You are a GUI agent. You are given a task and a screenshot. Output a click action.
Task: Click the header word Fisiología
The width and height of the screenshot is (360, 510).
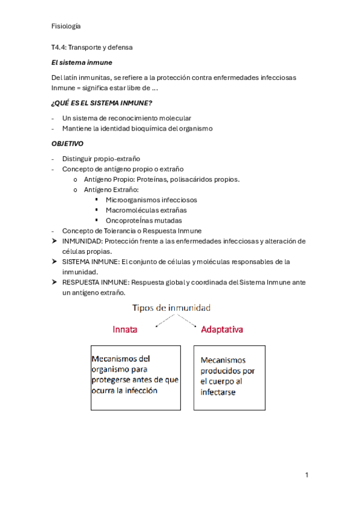[x=66, y=26]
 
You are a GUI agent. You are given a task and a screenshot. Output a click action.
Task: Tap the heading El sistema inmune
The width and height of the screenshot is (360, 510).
[x=82, y=62]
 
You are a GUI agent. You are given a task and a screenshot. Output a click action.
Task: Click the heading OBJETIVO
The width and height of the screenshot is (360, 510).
[x=68, y=144]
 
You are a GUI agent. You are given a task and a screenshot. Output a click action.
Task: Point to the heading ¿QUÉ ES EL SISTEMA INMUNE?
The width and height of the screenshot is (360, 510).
[x=102, y=103]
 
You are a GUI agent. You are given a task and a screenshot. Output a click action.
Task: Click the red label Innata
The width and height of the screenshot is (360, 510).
[x=125, y=330]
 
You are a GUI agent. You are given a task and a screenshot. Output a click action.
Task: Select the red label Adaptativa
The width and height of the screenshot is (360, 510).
[x=222, y=330]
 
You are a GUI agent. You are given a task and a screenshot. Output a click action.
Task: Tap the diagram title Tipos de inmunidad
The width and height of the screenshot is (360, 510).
[x=171, y=308]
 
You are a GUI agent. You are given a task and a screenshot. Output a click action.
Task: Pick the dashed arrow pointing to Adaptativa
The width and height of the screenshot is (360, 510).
[x=187, y=321]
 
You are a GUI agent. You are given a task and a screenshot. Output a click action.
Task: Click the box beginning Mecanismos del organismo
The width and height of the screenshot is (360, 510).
[x=135, y=378]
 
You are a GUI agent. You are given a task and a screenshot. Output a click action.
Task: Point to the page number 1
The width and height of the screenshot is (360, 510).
[x=307, y=475]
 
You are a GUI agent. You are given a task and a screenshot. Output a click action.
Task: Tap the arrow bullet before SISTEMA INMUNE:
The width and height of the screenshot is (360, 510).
[x=55, y=262]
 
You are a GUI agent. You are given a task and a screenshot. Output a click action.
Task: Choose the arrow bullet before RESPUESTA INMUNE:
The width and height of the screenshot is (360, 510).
[x=55, y=282]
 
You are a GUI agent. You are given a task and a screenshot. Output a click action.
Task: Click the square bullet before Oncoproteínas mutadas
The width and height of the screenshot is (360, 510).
[x=97, y=220]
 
